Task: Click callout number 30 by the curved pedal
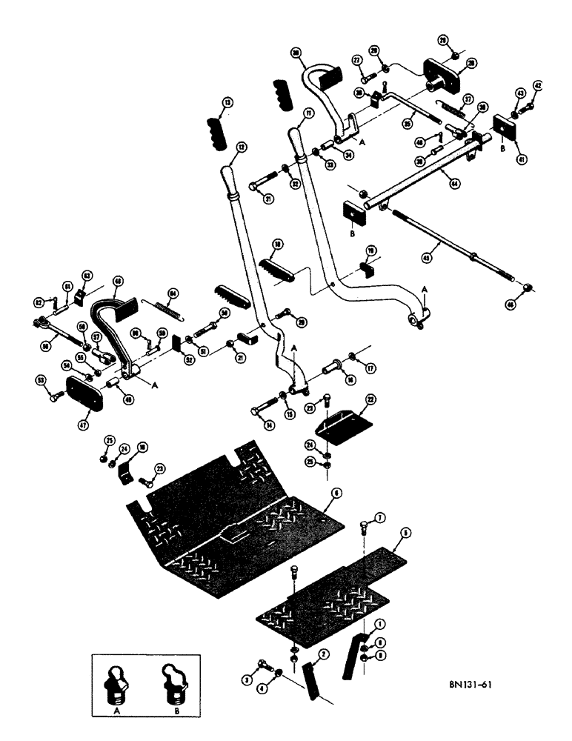tap(295, 54)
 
